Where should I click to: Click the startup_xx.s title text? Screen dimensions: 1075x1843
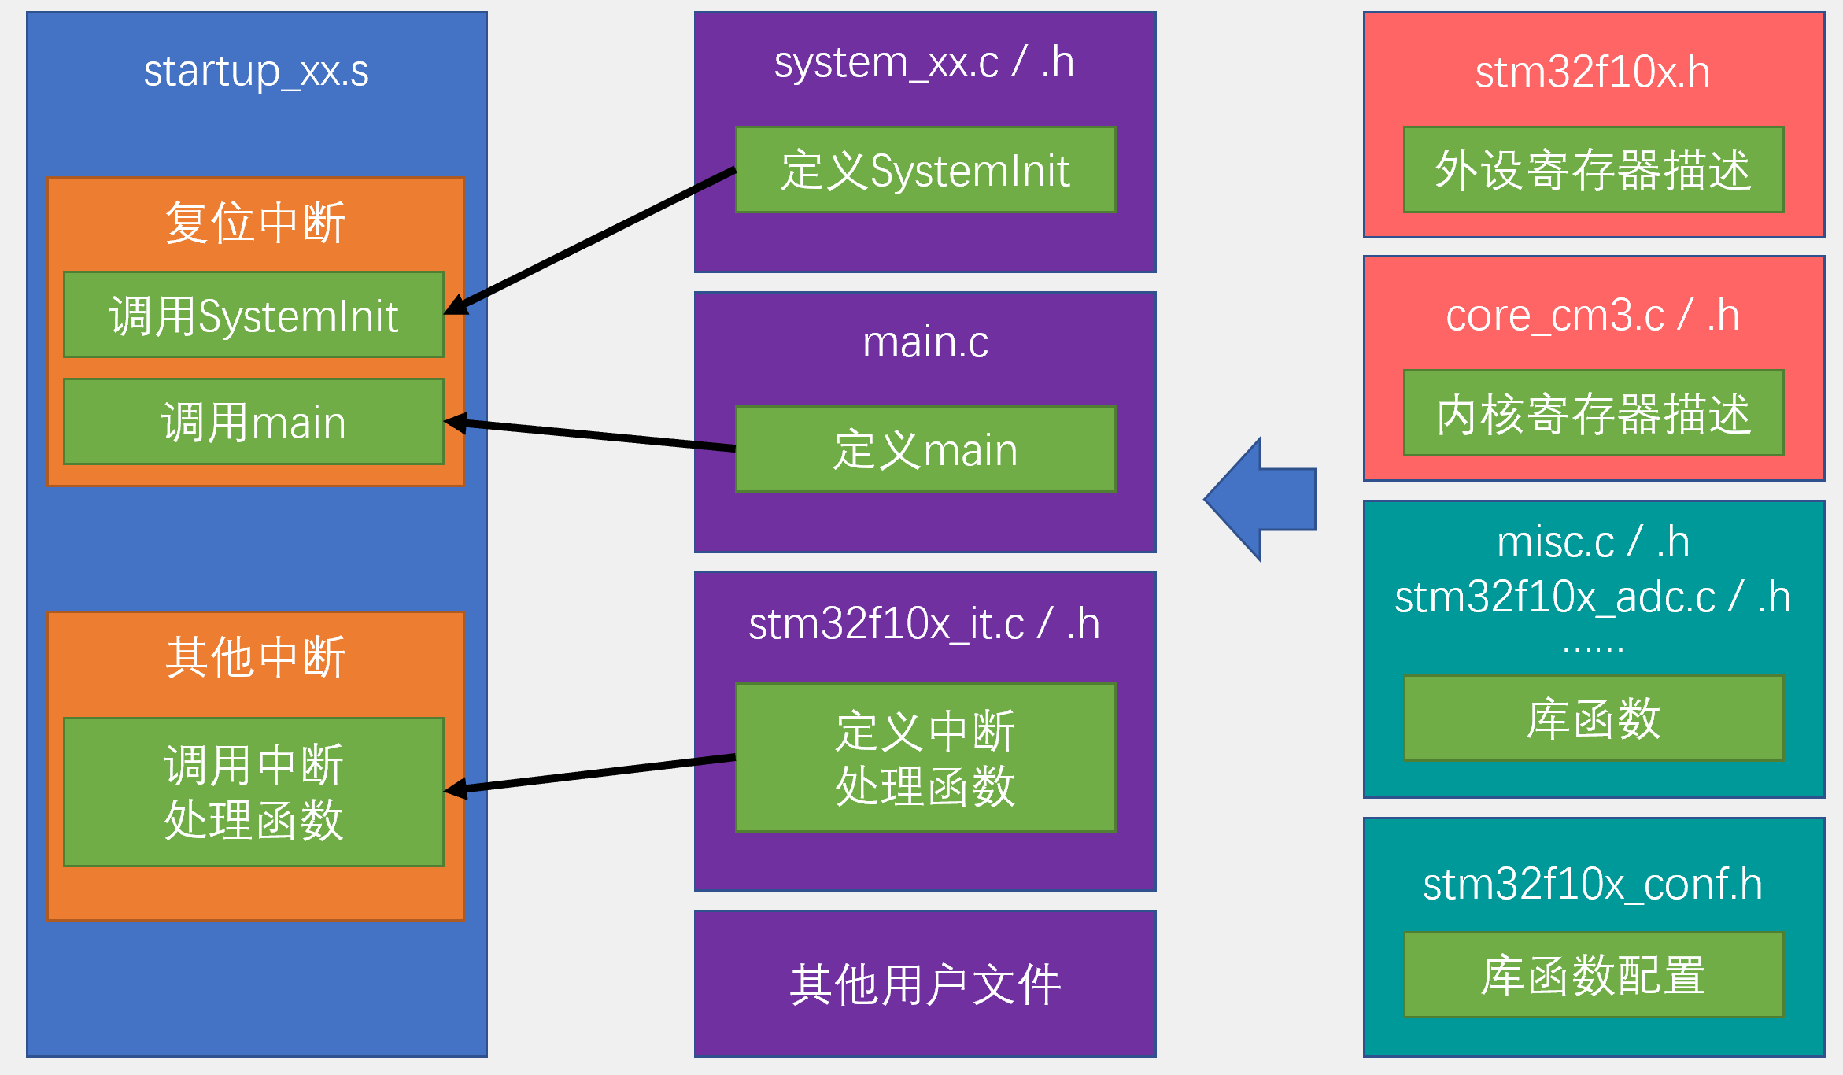(x=256, y=72)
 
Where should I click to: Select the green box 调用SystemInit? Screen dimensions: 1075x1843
(x=253, y=315)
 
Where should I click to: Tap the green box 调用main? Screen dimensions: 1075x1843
(x=253, y=422)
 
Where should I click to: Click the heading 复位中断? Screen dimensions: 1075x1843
(x=255, y=223)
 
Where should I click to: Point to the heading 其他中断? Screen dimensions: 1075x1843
(x=255, y=657)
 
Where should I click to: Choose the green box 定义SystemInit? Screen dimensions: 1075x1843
(x=925, y=170)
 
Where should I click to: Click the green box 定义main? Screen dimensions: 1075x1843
(x=925, y=449)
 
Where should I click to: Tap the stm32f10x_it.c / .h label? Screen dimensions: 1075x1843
(x=923, y=624)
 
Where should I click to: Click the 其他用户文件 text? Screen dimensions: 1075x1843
(x=925, y=984)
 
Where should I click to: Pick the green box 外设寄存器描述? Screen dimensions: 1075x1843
(x=1593, y=170)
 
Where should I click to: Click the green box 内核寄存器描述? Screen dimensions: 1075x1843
(x=1593, y=413)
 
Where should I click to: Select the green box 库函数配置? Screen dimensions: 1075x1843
(x=1593, y=975)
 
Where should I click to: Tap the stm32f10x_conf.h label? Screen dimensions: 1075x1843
(x=1592, y=884)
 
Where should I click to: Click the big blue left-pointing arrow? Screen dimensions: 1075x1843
(x=1262, y=499)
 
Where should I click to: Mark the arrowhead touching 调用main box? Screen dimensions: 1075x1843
(x=455, y=423)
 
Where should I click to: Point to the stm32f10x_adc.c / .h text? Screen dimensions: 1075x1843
(x=1592, y=597)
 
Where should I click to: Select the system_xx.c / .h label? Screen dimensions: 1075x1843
(x=924, y=62)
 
